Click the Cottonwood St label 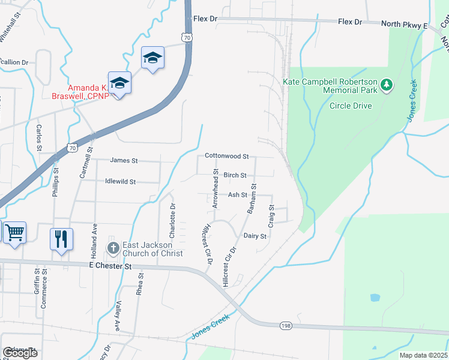click(226, 156)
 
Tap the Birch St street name click(235, 175)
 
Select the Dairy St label click(255, 236)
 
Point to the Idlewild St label click(120, 181)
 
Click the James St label click(124, 161)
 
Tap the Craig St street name click(271, 215)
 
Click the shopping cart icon click(15, 232)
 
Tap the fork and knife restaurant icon click(61, 239)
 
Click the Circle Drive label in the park click(351, 106)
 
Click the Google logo click(20, 353)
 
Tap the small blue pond click(375, 297)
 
